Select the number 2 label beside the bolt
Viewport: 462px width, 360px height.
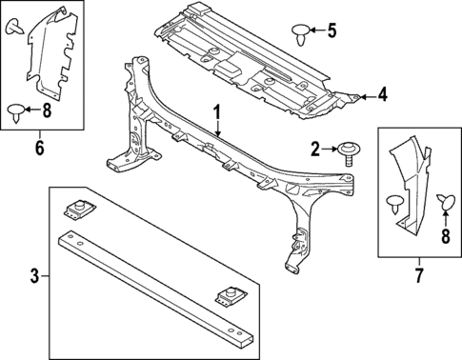(315, 148)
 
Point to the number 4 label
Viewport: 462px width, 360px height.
(381, 94)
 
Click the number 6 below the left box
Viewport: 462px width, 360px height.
(39, 148)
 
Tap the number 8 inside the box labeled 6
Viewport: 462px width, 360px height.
(48, 111)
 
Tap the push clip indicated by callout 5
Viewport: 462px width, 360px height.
(303, 33)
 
